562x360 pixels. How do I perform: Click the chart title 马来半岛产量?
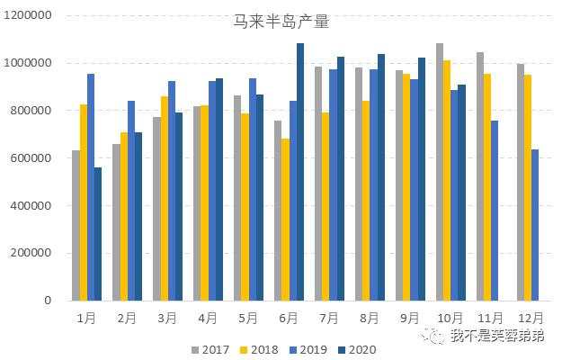281,22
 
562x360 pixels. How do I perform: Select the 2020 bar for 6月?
300,172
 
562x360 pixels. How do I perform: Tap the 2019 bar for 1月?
91,187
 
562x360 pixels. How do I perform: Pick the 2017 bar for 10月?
440,172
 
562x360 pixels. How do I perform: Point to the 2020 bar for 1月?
98,234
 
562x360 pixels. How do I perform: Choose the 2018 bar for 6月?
285,220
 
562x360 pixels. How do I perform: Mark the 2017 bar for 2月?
116,222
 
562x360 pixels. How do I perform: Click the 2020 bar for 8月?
381,177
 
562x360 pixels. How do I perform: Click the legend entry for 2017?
211,349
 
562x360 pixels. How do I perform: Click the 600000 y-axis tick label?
31,158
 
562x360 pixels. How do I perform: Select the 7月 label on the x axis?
328,319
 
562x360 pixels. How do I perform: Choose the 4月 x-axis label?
207,319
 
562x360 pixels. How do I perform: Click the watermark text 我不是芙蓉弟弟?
498,336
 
